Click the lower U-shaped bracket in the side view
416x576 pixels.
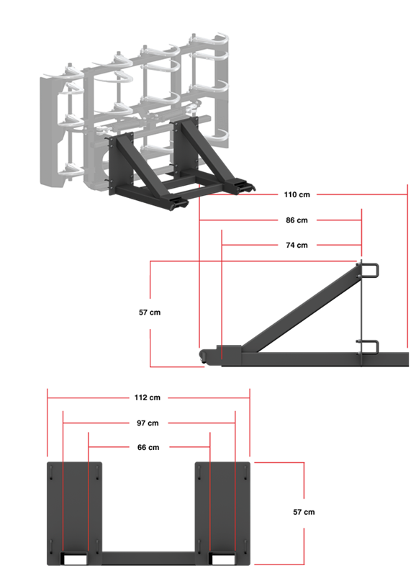click(371, 346)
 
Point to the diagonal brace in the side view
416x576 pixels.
click(302, 310)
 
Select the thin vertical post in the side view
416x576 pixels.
click(361, 310)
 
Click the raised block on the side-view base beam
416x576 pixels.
click(232, 351)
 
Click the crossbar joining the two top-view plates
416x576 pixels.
click(149, 557)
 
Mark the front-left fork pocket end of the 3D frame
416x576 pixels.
click(177, 206)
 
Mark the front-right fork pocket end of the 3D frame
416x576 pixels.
click(243, 186)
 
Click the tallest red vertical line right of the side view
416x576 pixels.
click(407, 266)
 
